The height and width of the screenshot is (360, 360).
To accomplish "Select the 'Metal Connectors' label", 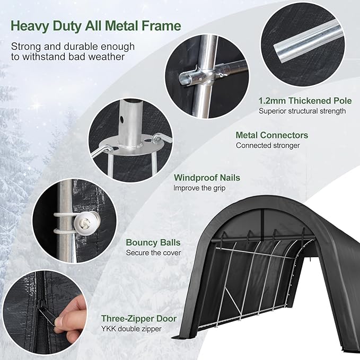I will (x=272, y=135).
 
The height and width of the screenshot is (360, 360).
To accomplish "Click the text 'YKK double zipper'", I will (x=131, y=329).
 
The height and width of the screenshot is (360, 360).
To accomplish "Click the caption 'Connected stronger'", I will (x=268, y=145).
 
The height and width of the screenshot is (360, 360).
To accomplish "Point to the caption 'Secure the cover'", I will (x=153, y=253).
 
